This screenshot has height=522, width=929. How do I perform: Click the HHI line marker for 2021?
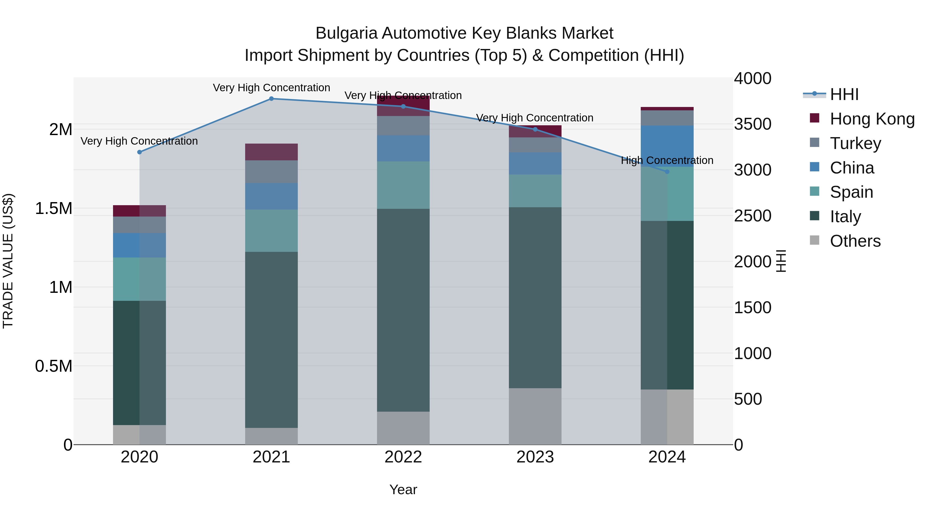[271, 99]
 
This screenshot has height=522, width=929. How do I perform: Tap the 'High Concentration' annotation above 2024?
[667, 160]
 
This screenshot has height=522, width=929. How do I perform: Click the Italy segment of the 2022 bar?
[403, 310]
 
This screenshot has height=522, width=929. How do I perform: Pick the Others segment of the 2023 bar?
[535, 416]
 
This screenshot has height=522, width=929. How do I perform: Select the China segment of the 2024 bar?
[667, 146]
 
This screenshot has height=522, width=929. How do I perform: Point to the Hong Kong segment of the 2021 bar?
[271, 152]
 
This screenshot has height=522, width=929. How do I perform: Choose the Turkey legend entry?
[855, 143]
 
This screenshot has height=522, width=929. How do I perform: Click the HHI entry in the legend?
[844, 94]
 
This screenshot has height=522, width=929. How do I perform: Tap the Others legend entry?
[855, 241]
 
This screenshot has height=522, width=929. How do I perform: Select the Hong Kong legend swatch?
[814, 118]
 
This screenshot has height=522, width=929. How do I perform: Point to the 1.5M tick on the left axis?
[54, 209]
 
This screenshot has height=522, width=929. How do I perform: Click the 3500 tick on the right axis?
[753, 124]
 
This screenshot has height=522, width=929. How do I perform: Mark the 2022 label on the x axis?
[403, 457]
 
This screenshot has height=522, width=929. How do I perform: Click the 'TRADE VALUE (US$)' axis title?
[8, 261]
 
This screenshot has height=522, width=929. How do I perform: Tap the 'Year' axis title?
[403, 490]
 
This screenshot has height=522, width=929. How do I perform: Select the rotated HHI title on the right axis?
[781, 261]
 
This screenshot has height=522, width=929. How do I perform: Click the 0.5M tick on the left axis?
[54, 366]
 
